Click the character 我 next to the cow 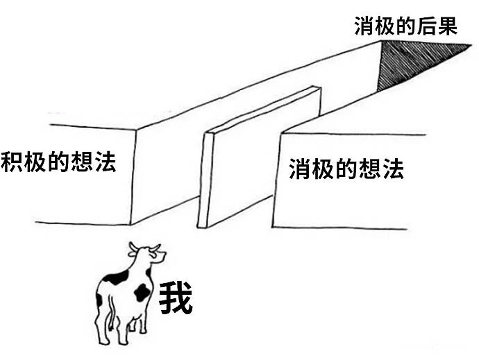(176, 298)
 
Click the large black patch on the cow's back (115, 278)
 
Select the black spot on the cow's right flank (143, 292)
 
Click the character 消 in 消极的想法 (300, 169)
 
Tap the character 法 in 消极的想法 (393, 169)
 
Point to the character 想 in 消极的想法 (370, 169)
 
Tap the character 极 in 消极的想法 (323, 169)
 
